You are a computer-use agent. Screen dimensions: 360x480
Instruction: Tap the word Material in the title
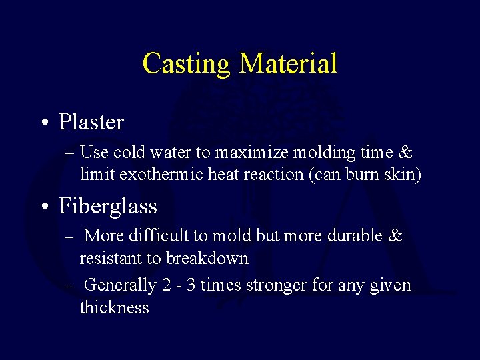point(288,63)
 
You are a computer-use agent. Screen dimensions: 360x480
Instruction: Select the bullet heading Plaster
point(91,122)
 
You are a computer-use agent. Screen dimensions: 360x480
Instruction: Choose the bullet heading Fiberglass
point(108,206)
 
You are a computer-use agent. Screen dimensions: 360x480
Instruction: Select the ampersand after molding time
point(405,152)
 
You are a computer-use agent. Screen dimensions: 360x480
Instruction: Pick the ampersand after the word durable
point(395,235)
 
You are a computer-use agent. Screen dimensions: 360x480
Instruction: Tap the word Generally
point(121,285)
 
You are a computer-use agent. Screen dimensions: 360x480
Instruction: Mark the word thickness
point(114,308)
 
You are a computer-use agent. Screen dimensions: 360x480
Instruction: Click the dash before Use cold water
point(71,153)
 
